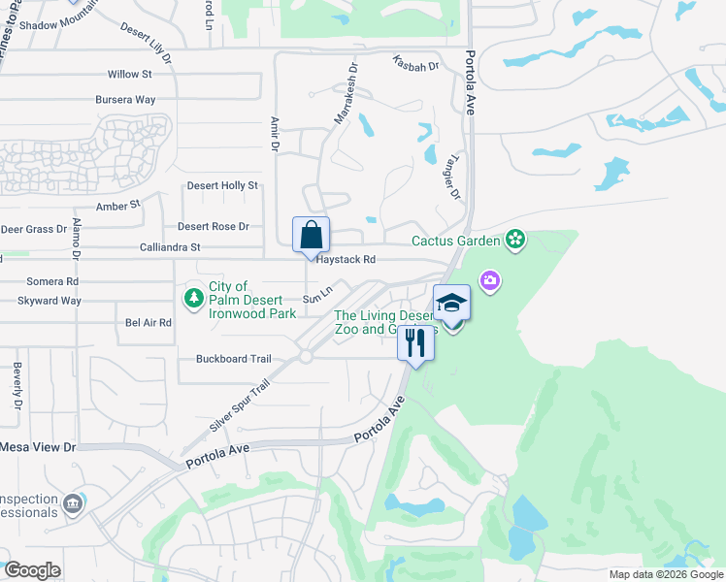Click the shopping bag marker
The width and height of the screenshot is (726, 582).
click(312, 236)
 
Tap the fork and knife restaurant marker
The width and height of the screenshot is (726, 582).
click(415, 342)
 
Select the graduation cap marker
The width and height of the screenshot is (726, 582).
click(451, 304)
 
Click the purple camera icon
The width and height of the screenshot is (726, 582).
click(490, 280)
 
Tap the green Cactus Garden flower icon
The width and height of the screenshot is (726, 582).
click(514, 240)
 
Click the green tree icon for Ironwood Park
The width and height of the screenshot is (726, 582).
click(193, 295)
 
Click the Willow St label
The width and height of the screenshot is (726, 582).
click(130, 74)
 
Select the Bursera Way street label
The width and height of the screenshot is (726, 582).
click(125, 100)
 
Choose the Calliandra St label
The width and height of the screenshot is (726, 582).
click(170, 247)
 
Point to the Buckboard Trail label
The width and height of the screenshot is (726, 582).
click(233, 359)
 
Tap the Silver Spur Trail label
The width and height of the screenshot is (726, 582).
click(238, 406)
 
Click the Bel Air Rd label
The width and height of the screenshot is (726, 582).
click(148, 322)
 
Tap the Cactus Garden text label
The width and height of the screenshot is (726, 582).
click(455, 241)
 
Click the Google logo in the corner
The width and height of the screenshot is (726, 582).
click(32, 569)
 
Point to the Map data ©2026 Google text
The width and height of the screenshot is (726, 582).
click(665, 574)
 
